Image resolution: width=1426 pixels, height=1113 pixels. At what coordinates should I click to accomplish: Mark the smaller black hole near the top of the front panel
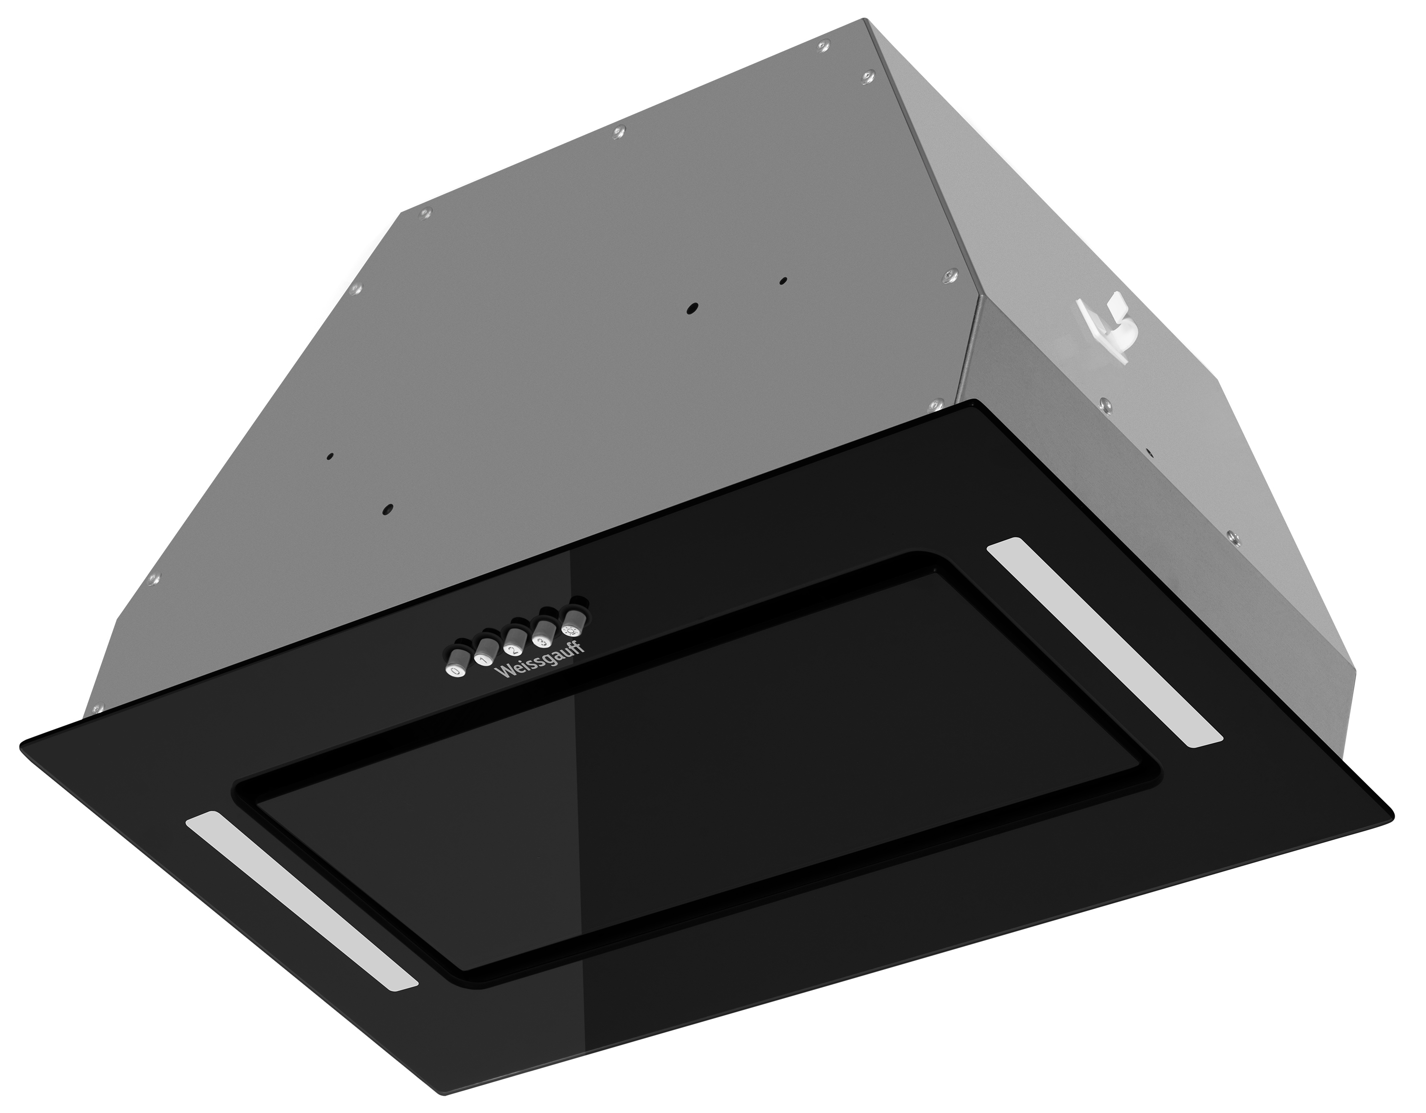click(783, 281)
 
